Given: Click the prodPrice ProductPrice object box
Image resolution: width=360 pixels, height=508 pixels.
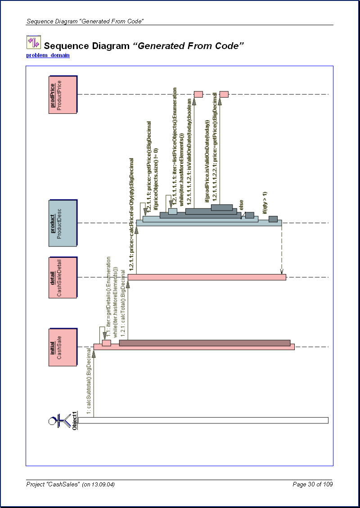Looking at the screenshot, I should (x=63, y=94).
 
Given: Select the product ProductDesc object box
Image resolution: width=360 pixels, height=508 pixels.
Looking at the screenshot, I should (x=63, y=223).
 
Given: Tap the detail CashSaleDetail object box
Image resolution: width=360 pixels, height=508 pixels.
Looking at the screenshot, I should (x=63, y=278).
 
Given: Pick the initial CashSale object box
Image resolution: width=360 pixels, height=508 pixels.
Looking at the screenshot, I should (x=63, y=347).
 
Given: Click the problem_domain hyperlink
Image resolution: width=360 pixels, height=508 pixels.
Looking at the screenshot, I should (x=48, y=55).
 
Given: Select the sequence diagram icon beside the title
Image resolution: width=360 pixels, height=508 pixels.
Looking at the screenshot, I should (x=33, y=42).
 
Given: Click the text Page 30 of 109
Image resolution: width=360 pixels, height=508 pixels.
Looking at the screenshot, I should (x=313, y=484).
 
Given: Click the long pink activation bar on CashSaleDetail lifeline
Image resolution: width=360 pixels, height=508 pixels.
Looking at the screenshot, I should (x=207, y=277).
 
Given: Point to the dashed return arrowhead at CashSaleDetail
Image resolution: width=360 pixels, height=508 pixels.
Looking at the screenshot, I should (x=282, y=272).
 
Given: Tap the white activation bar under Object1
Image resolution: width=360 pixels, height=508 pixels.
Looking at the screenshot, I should (x=202, y=420).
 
